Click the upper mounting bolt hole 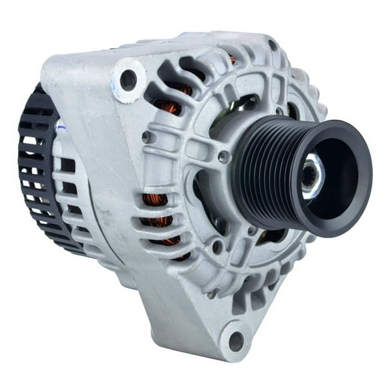click(x=128, y=80)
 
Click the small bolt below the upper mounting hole click(x=145, y=137)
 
